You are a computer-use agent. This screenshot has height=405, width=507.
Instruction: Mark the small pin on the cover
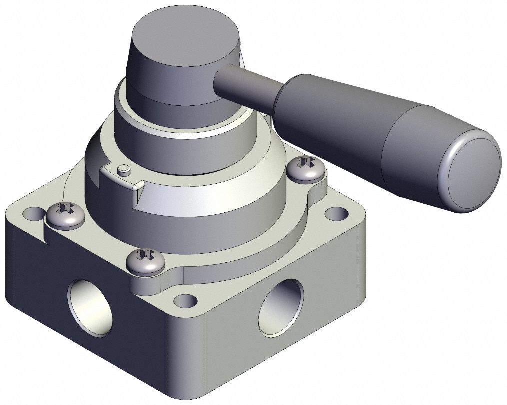click(123, 170)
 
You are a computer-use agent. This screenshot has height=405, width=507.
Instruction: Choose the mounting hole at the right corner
click(332, 215)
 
